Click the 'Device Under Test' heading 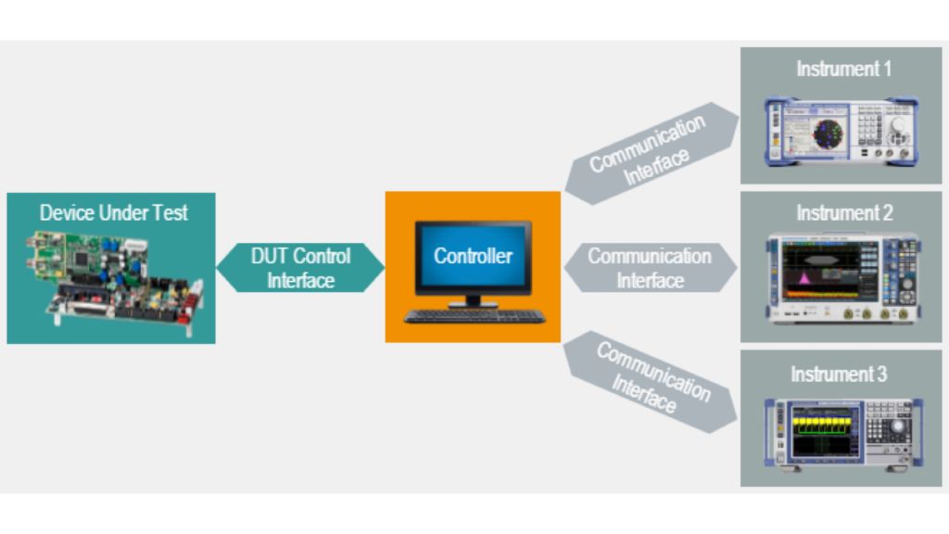pyautogui.click(x=113, y=212)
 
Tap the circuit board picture pyautogui.click(x=111, y=277)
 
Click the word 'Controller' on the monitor pyautogui.click(x=473, y=256)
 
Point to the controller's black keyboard pyautogui.click(x=474, y=316)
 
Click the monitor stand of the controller pyautogui.click(x=473, y=299)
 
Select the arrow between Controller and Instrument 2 pyautogui.click(x=650, y=267)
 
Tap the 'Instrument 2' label pyautogui.click(x=843, y=212)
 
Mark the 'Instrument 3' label pyautogui.click(x=841, y=375)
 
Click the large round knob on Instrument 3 pyautogui.click(x=895, y=428)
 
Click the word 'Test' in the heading pyautogui.click(x=171, y=212)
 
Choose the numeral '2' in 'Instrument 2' pyautogui.click(x=887, y=212)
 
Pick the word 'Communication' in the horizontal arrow pyautogui.click(x=650, y=256)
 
